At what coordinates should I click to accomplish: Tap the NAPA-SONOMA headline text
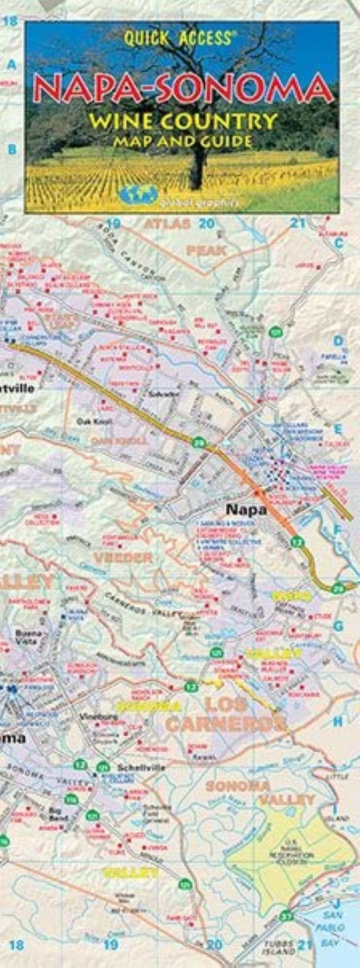[x=184, y=89]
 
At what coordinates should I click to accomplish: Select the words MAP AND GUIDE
[x=183, y=140]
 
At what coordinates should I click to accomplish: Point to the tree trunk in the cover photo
[x=195, y=167]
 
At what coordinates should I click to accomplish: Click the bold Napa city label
[x=246, y=509]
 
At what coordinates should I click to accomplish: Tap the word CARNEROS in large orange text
[x=225, y=723]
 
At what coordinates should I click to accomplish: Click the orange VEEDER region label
[x=122, y=558]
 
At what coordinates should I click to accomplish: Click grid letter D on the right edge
[x=338, y=340]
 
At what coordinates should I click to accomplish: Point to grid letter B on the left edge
[x=11, y=150]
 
